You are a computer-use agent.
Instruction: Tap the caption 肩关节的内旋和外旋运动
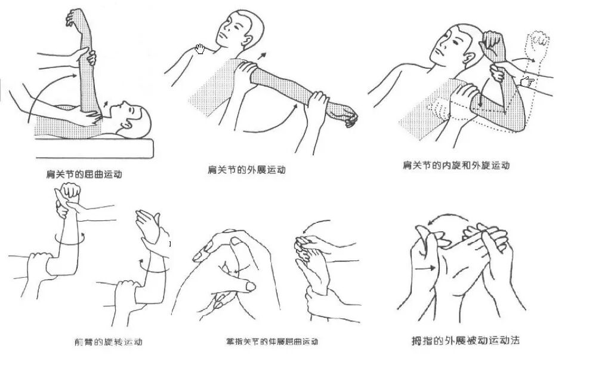tap(456, 165)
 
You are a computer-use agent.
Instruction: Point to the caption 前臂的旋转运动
tap(105, 342)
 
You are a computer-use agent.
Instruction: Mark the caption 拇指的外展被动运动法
tap(465, 341)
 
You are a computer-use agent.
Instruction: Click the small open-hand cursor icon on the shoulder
tap(200, 49)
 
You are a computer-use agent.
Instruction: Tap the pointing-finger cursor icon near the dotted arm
tap(527, 82)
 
